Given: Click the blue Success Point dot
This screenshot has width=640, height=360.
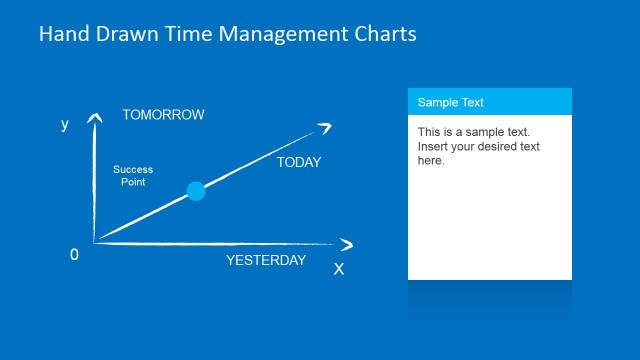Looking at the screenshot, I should coord(196,191).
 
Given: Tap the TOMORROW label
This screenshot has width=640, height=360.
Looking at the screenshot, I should coord(163,115).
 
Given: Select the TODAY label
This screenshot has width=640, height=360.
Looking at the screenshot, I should coord(299,162).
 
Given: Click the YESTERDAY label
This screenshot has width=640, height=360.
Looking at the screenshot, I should coord(266,261).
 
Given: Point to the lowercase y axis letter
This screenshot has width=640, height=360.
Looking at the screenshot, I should coord(65,125).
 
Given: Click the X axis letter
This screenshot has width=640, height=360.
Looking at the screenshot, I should coord(339,269).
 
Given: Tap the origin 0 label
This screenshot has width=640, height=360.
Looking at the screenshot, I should coord(74,255).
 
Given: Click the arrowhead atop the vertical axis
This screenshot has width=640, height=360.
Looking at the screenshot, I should coord(94,119).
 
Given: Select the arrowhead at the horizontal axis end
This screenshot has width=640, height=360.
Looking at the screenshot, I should coord(346,245).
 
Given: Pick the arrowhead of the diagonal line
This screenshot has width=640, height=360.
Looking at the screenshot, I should coord(323,127).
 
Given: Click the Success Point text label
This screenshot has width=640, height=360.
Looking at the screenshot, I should coord(133,176).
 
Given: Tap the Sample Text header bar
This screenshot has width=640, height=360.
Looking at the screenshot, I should coord(489,102).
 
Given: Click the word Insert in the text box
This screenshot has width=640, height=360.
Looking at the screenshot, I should coord(433,147).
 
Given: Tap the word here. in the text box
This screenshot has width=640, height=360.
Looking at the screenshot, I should coord(431,161).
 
